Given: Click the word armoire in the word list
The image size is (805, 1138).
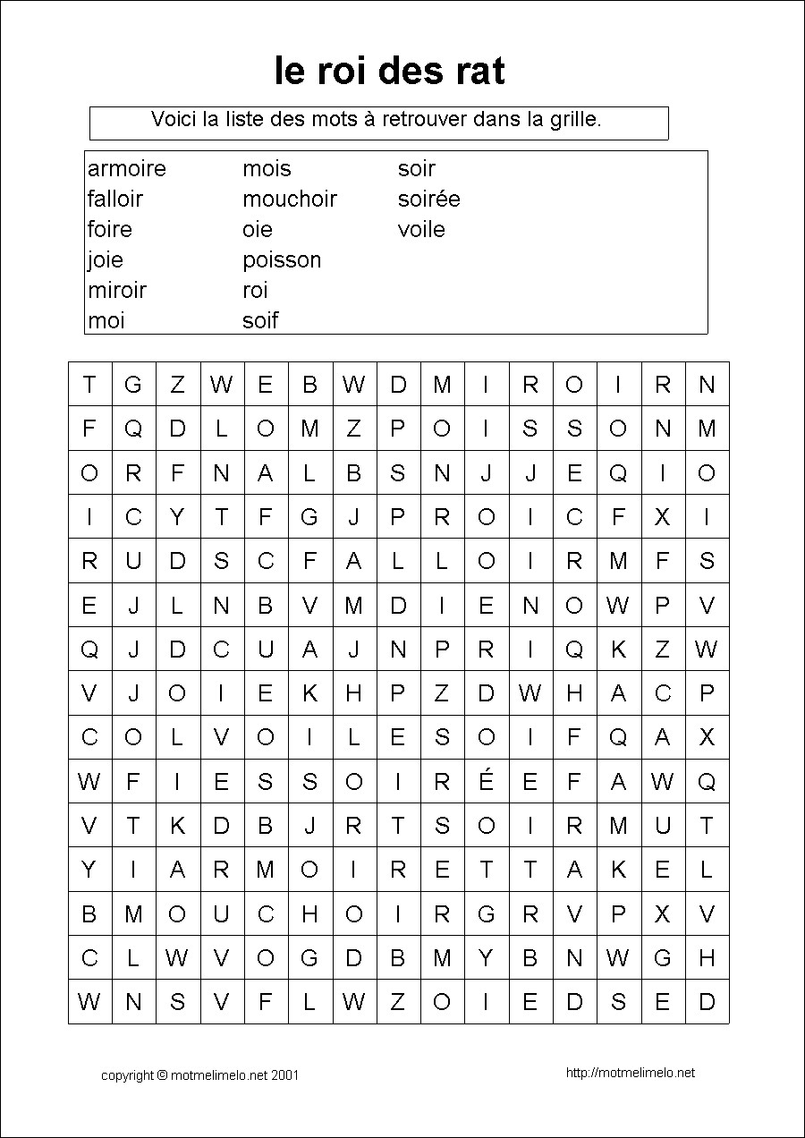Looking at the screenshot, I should pyautogui.click(x=127, y=168).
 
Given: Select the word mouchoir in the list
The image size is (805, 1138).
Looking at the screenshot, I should pyautogui.click(x=289, y=199).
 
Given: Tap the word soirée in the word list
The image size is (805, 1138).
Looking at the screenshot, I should pyautogui.click(x=428, y=199).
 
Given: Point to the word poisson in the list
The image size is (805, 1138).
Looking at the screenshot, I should pyautogui.click(x=282, y=259).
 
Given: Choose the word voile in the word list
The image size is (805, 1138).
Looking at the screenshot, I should pyautogui.click(x=421, y=229).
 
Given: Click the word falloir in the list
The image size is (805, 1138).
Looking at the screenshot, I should pyautogui.click(x=115, y=199).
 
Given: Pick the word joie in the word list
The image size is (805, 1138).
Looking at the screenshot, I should pyautogui.click(x=106, y=259).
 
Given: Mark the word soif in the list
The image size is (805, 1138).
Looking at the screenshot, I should pyautogui.click(x=260, y=320).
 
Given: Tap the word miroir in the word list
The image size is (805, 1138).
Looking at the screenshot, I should pyautogui.click(x=117, y=290).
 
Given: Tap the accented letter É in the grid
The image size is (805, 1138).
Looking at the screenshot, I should pyautogui.click(x=486, y=782).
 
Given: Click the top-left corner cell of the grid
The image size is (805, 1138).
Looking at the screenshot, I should pyautogui.click(x=89, y=385).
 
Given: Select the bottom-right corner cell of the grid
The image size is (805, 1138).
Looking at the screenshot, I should pyautogui.click(x=707, y=1001).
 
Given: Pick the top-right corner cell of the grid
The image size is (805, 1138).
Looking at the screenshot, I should pyautogui.click(x=707, y=385).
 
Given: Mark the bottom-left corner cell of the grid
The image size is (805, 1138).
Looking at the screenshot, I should pyautogui.click(x=89, y=1001).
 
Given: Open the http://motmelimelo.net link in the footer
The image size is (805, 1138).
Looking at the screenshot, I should pyautogui.click(x=631, y=1073).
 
